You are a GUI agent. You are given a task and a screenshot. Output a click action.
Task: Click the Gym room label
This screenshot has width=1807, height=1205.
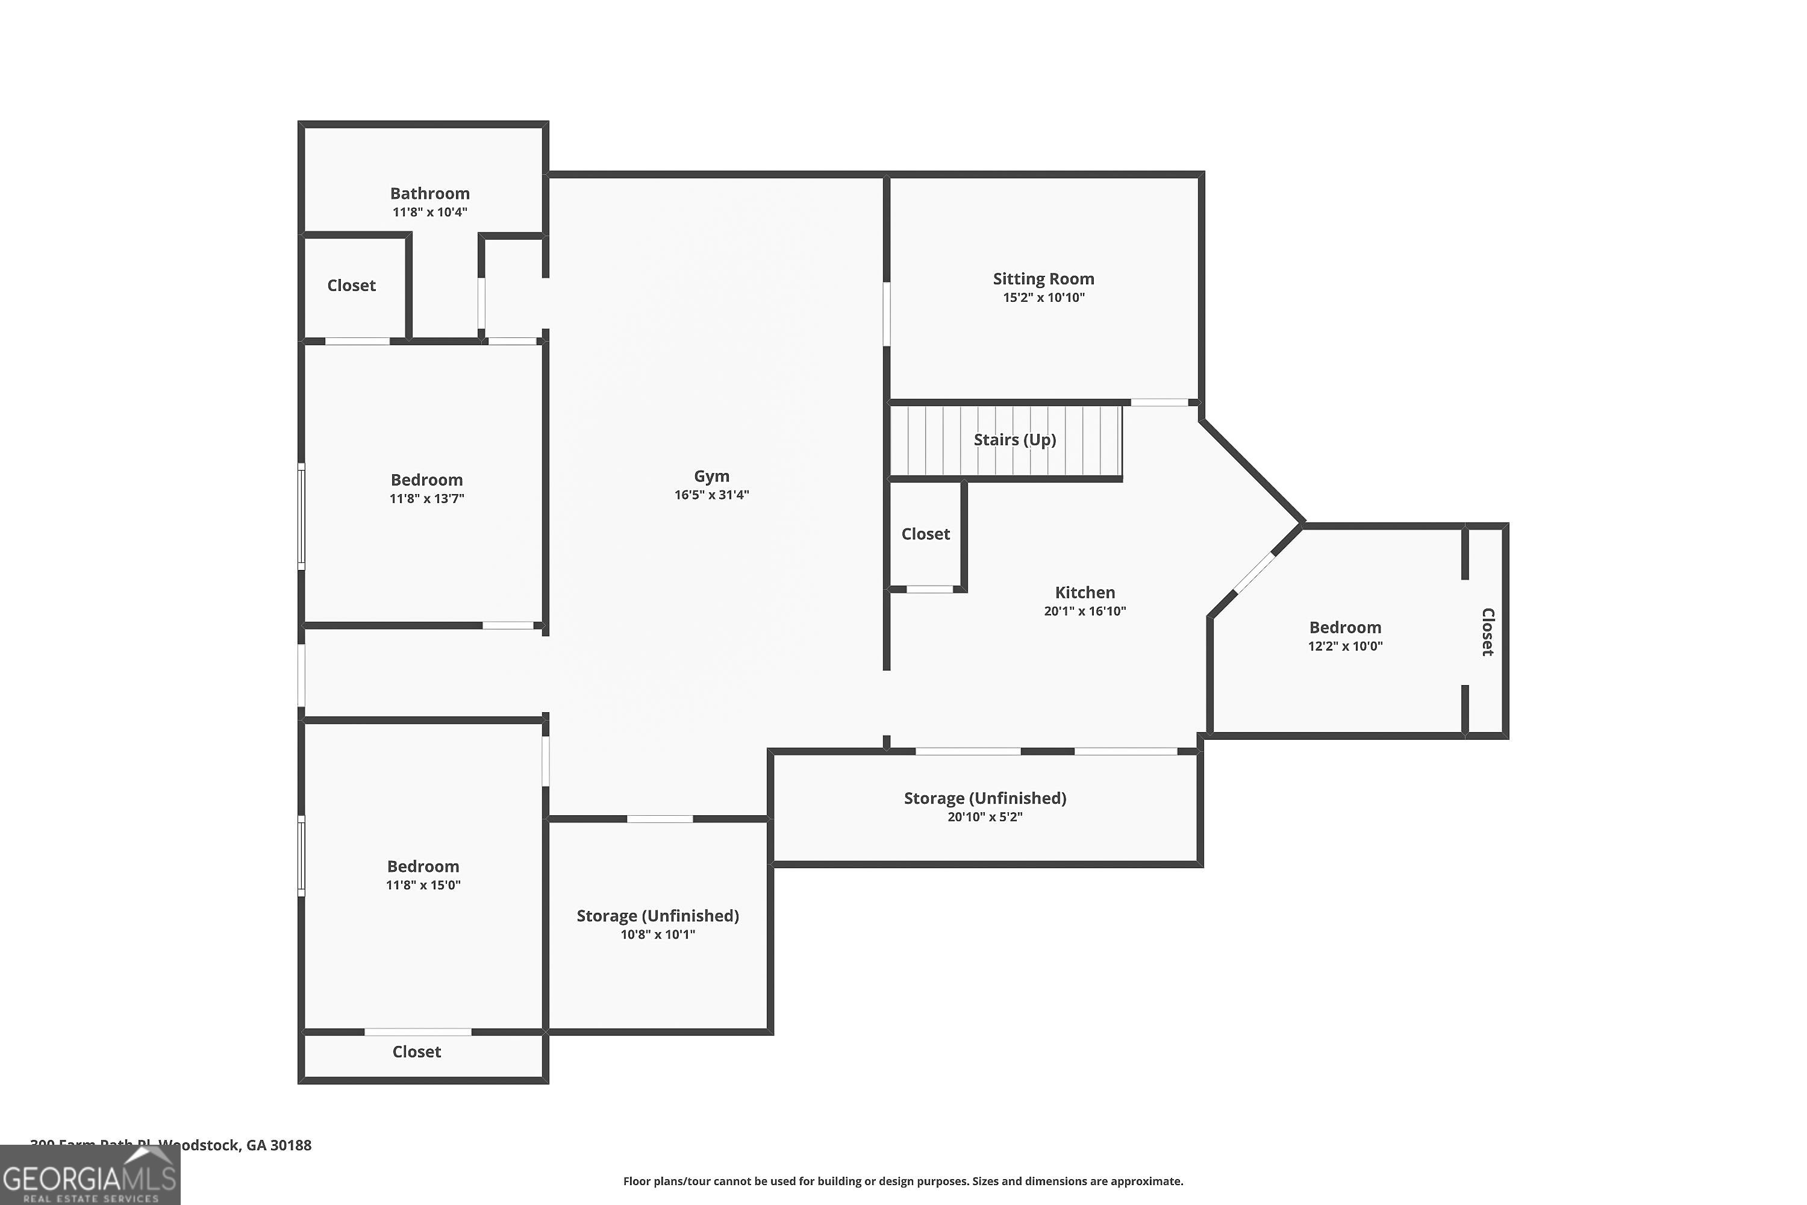711,477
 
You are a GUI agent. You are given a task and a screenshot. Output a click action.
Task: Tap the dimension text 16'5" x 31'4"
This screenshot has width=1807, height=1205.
711,495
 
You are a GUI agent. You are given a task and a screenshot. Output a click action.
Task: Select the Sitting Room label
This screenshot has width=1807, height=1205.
1043,279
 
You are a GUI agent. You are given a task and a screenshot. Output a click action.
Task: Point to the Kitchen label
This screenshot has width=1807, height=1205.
1085,592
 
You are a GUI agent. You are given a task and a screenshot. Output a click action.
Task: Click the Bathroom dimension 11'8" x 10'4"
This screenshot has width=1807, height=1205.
429,212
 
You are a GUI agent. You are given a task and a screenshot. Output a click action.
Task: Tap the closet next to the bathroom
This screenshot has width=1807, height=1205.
352,286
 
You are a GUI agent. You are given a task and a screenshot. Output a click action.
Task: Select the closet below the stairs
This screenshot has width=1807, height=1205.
925,534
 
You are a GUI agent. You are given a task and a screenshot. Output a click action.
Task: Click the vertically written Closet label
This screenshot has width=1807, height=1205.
1487,631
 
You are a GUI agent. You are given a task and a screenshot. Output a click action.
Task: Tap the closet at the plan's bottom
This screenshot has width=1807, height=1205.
416,1052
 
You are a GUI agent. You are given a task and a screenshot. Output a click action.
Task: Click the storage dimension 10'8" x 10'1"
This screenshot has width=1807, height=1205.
658,934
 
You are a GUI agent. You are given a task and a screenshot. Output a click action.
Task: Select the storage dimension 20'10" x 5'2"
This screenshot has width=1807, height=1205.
985,817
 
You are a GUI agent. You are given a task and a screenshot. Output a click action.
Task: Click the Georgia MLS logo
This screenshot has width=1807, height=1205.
90,1177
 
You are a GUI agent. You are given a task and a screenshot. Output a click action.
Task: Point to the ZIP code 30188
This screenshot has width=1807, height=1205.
290,1146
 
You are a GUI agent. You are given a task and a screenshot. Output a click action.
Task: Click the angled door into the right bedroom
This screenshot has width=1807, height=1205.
1254,574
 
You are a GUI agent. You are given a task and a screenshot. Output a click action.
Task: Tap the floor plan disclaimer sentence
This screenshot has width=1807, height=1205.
903,1181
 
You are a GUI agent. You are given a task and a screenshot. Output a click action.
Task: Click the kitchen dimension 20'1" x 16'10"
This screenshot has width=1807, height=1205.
1085,612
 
